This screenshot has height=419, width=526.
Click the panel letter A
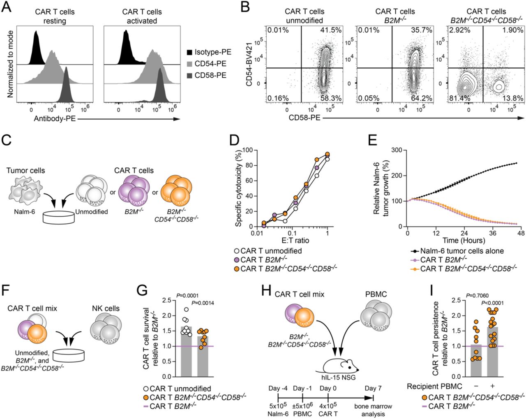7,8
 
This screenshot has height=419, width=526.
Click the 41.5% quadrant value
327,30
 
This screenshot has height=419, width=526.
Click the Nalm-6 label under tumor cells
26,212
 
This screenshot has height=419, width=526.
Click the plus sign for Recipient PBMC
492,387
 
